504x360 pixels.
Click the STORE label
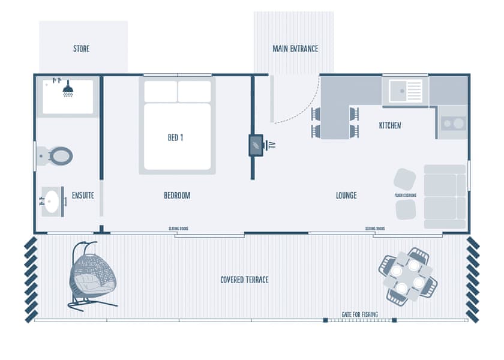(x=81, y=49)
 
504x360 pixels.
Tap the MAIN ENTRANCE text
(x=295, y=49)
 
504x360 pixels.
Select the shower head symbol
(x=68, y=90)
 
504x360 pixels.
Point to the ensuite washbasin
(x=53, y=200)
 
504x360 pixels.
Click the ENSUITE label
(x=83, y=195)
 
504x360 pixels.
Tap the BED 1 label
(x=175, y=137)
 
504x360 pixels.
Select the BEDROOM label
(x=177, y=195)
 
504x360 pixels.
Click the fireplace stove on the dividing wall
(x=256, y=145)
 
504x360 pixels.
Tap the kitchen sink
(x=406, y=91)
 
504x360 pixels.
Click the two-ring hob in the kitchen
(x=454, y=123)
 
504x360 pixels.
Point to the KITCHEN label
(x=390, y=125)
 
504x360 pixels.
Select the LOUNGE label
(x=346, y=195)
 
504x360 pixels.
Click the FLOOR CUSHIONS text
(x=406, y=195)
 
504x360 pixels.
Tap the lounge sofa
(x=445, y=196)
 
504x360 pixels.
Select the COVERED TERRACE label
(x=244, y=280)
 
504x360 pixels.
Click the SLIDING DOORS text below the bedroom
(x=179, y=229)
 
